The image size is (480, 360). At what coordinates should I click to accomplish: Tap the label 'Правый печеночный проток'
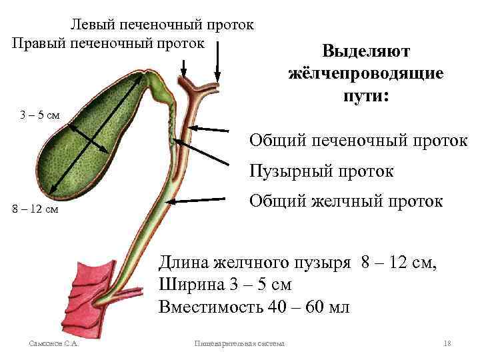[x=107, y=43]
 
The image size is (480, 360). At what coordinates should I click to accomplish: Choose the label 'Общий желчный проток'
[x=345, y=201]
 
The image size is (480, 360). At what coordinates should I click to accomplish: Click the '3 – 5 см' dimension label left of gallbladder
[x=39, y=115]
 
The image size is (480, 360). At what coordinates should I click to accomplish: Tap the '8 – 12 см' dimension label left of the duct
[x=36, y=210]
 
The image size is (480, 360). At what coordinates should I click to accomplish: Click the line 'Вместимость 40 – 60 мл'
[x=254, y=307]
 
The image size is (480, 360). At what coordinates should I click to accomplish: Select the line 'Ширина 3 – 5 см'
[x=225, y=284]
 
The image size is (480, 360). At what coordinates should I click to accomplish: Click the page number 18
[x=447, y=343]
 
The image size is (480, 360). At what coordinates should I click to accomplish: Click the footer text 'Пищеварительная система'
[x=239, y=343]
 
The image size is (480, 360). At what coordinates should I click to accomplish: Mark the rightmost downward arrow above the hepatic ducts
[x=216, y=63]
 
